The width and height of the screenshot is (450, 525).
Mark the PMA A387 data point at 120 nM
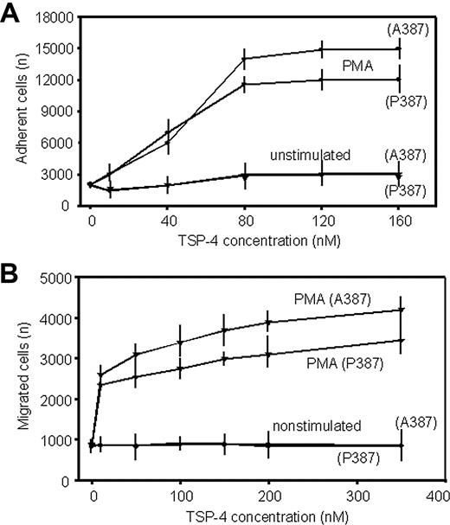click(x=321, y=49)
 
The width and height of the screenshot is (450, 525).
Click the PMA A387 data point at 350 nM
click(x=401, y=309)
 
